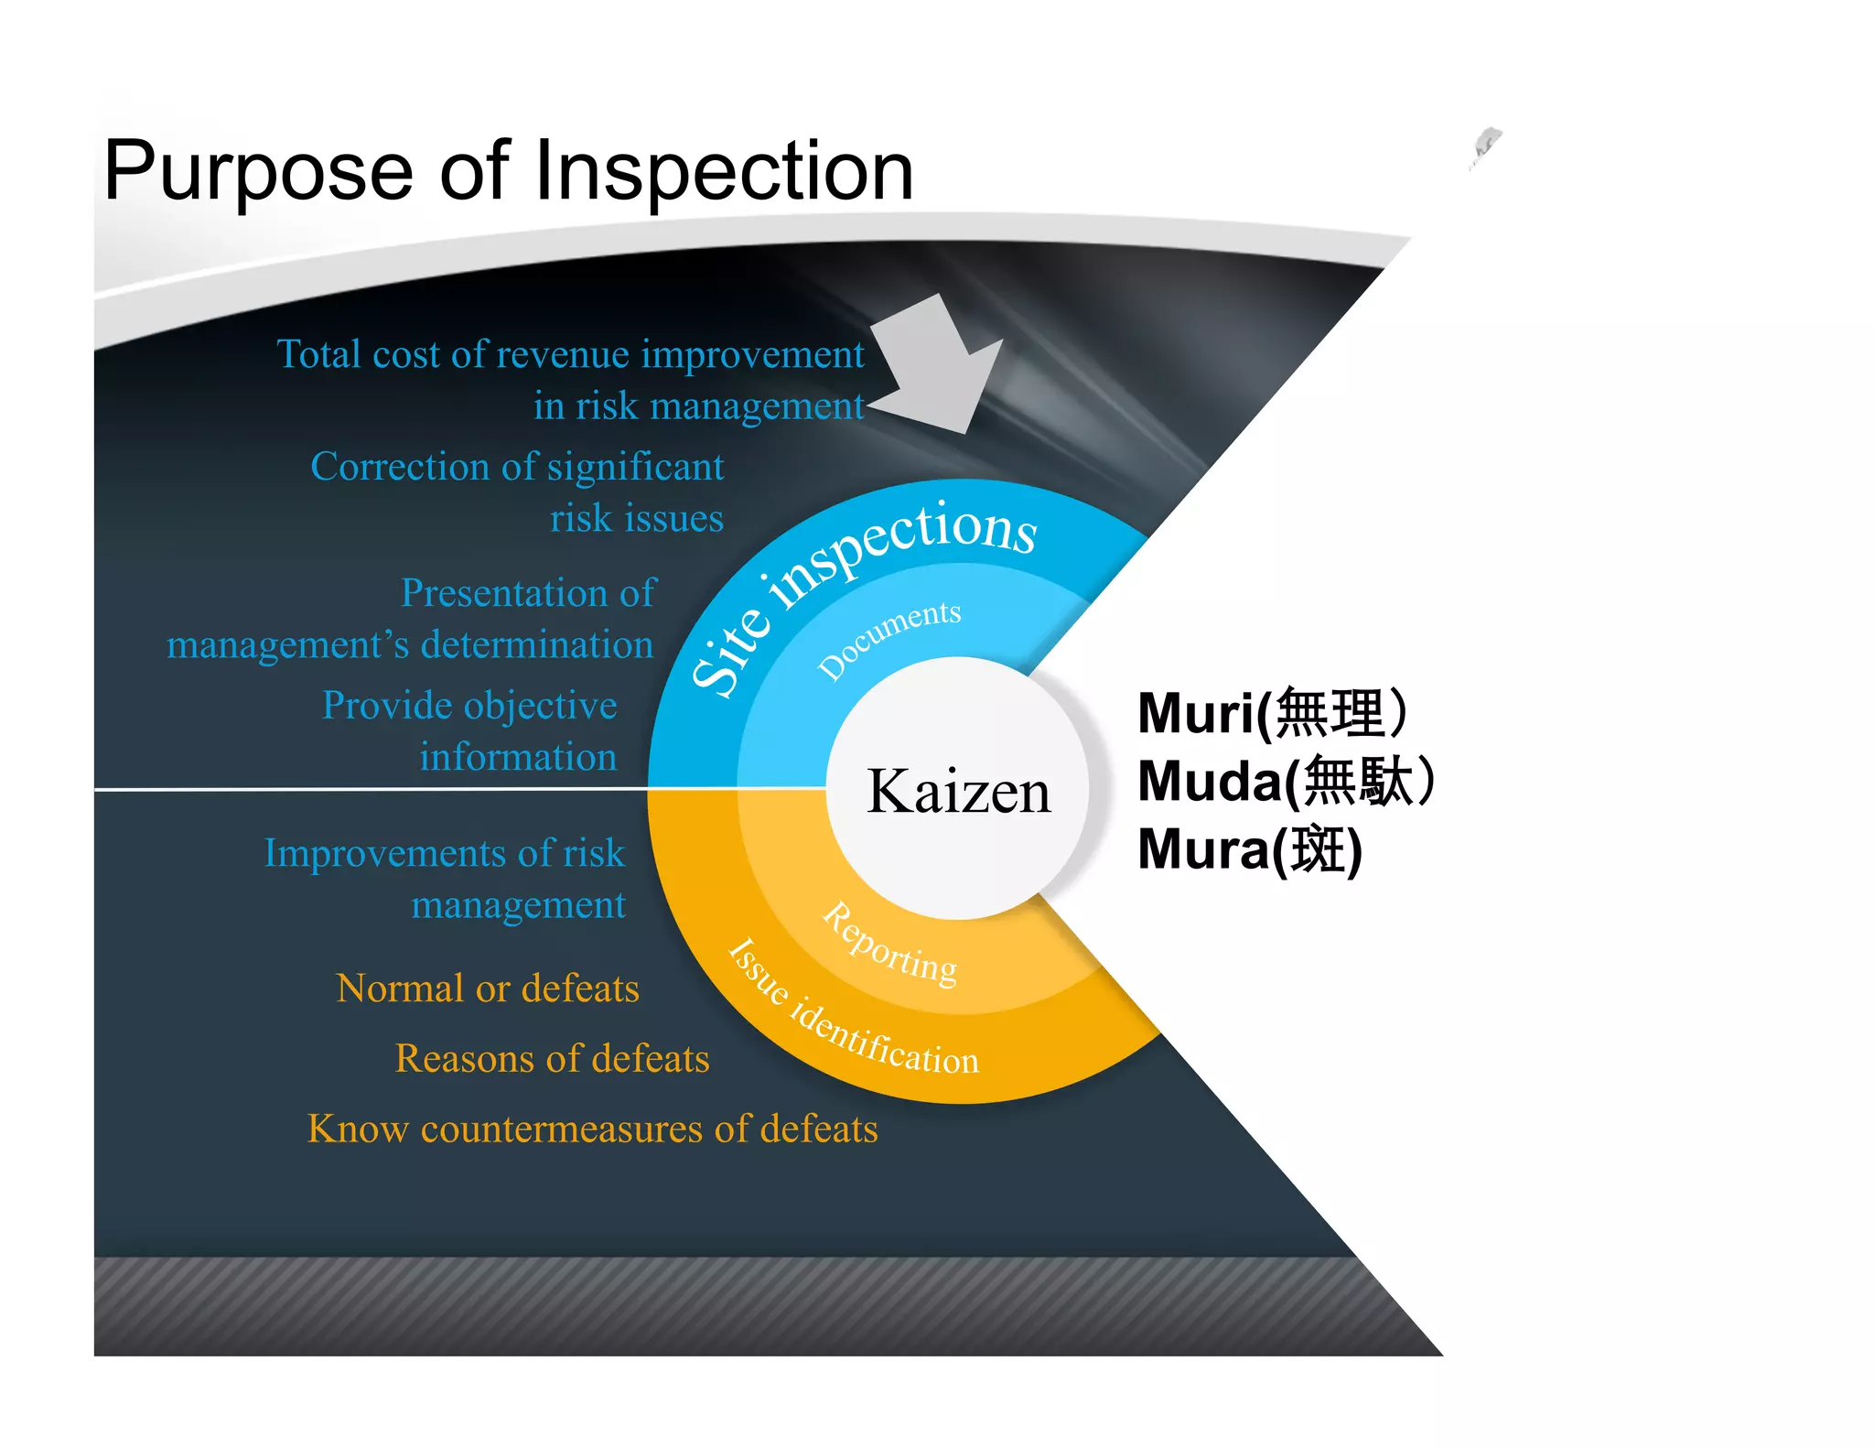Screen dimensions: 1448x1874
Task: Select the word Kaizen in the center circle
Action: [x=958, y=791]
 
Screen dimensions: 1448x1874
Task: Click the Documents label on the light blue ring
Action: [x=889, y=637]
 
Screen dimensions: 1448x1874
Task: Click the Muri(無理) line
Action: [x=1272, y=713]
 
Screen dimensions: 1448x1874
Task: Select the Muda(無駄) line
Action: [x=1286, y=782]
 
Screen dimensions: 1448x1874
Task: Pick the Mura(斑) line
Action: [x=1250, y=850]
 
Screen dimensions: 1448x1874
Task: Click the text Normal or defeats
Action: [x=488, y=989]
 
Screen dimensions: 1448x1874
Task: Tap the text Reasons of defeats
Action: [x=552, y=1059]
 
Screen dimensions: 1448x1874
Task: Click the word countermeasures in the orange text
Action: [x=563, y=1129]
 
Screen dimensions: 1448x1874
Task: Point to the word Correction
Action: [x=402, y=468]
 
